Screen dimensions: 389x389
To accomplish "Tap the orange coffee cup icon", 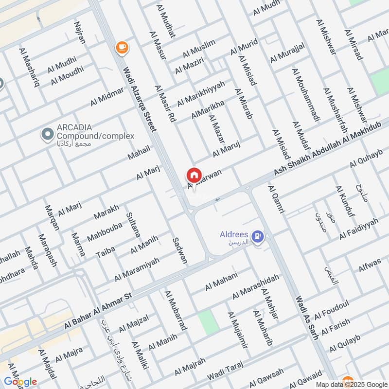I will click(x=121, y=47).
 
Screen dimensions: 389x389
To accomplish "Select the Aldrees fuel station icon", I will click(x=259, y=237).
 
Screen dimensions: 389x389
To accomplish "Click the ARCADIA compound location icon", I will click(x=47, y=133).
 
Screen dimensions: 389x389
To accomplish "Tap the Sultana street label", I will click(x=133, y=224).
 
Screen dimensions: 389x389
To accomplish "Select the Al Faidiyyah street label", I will click(x=359, y=229).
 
